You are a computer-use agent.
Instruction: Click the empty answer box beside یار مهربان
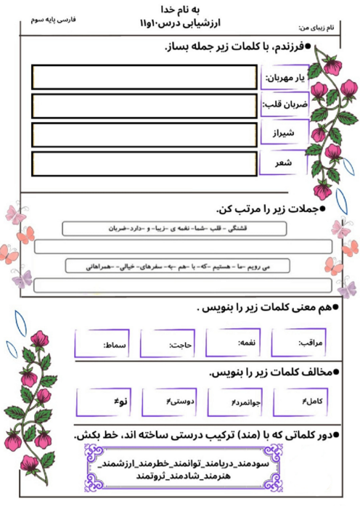click(x=144, y=77)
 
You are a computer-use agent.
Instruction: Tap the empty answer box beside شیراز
click(x=144, y=134)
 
